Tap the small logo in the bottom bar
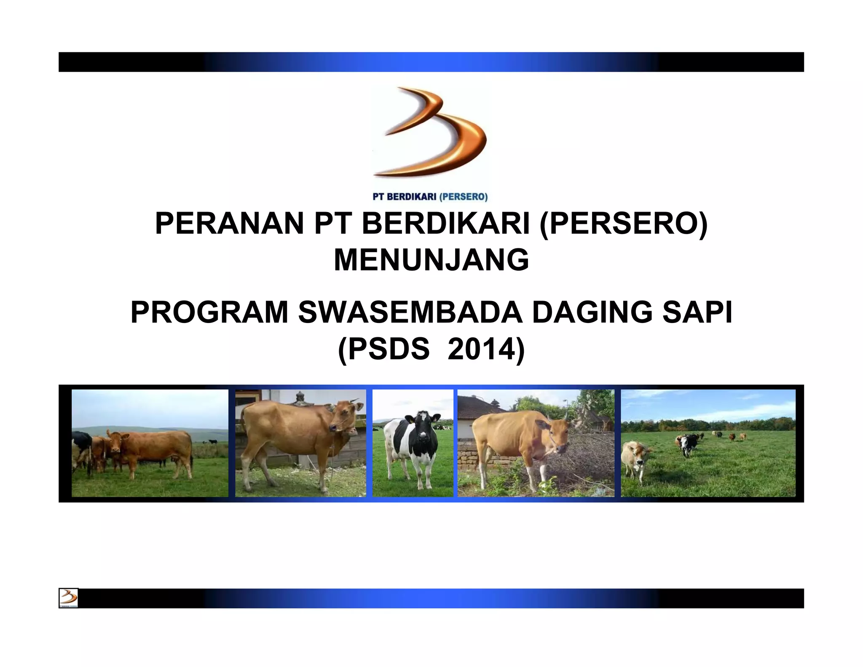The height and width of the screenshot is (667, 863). coord(68,597)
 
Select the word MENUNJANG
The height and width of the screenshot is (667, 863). coord(431,260)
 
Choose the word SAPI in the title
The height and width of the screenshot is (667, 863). coord(697,312)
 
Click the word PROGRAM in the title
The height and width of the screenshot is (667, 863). coord(209,312)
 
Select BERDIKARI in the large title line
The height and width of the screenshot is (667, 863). coord(445,223)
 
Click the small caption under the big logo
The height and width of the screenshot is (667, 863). coord(430,196)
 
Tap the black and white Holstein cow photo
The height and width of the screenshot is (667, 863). coord(413,443)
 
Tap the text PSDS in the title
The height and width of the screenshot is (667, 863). coord(389,349)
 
